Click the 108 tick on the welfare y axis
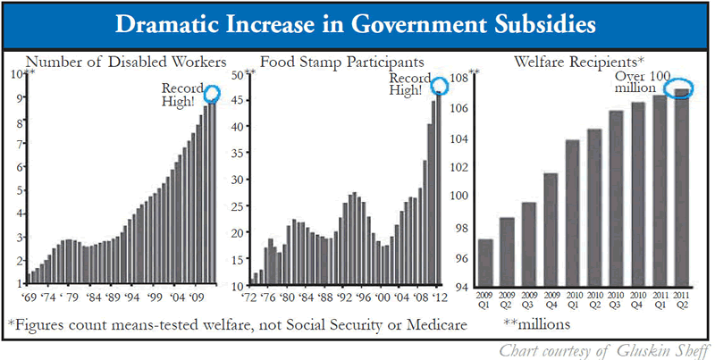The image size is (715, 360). [x=465, y=78]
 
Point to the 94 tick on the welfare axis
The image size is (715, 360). [x=465, y=287]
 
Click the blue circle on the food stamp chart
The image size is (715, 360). [x=439, y=86]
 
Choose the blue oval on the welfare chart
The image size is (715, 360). [x=681, y=92]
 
